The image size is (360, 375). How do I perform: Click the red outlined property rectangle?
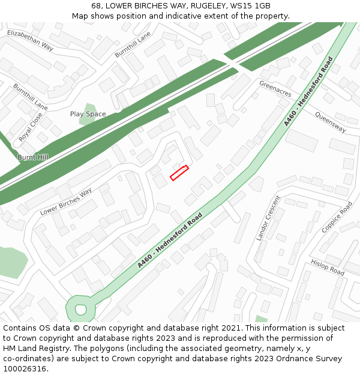[x=179, y=173]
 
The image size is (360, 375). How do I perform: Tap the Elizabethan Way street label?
[x=30, y=39]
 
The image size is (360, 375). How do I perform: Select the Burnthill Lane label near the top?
[x=133, y=45]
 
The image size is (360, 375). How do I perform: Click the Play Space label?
[x=88, y=114]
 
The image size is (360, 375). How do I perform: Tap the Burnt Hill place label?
[x=32, y=157]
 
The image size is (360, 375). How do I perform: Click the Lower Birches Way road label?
[x=66, y=202]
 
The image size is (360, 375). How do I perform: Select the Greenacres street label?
[x=275, y=89]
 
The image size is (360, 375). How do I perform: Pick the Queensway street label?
[x=330, y=122]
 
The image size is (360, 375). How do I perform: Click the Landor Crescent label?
[x=268, y=218]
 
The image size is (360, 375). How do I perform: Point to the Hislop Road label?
[x=328, y=267]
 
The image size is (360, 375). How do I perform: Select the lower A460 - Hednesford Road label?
[x=170, y=240]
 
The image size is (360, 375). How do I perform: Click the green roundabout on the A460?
[x=81, y=310]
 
